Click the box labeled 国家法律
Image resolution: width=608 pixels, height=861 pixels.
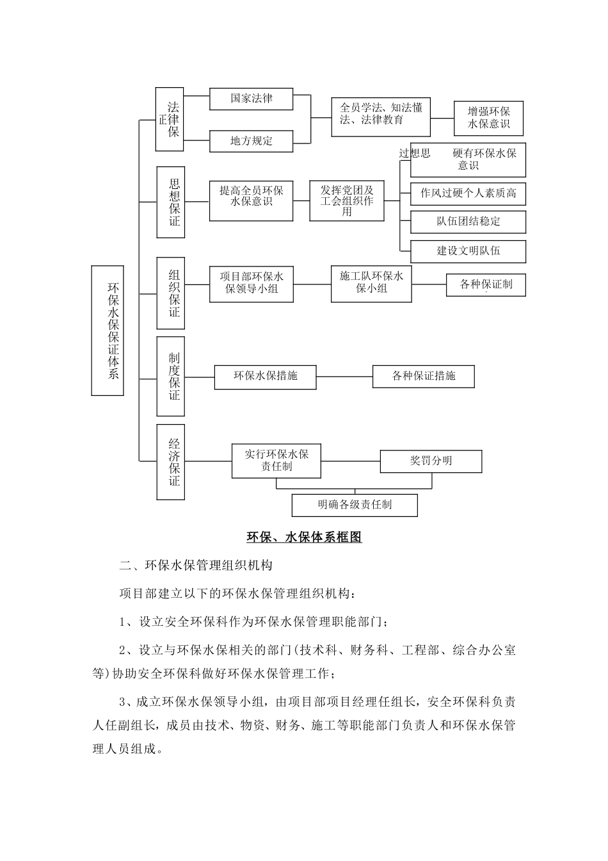[x=252, y=99]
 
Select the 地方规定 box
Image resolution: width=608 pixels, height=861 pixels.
[x=252, y=141]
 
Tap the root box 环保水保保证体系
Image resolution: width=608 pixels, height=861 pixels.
[x=108, y=330]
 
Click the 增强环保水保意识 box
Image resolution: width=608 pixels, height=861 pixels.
[x=489, y=118]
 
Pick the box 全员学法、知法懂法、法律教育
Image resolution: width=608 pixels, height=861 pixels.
[x=381, y=117]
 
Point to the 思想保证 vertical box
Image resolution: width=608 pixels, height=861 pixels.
[x=171, y=202]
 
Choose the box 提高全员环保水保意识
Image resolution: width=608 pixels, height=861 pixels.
[x=252, y=201]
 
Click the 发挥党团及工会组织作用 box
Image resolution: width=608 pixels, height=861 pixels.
[x=347, y=201]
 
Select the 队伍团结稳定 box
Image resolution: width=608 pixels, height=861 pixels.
[x=468, y=222]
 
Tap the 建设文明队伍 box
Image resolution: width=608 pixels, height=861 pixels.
[x=468, y=251]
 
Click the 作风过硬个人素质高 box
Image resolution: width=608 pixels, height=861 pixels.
[x=468, y=193]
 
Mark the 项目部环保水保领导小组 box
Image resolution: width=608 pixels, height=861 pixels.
[x=252, y=284]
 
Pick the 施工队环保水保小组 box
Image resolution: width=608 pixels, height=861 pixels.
[x=371, y=283]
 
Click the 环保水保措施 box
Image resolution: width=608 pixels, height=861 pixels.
[x=266, y=376]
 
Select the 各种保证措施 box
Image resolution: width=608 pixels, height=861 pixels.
[x=424, y=376]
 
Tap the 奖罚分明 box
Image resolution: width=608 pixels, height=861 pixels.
[x=431, y=461]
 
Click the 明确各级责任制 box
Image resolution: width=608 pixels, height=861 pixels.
[x=355, y=505]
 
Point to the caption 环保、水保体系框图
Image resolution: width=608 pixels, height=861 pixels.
[x=304, y=537]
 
